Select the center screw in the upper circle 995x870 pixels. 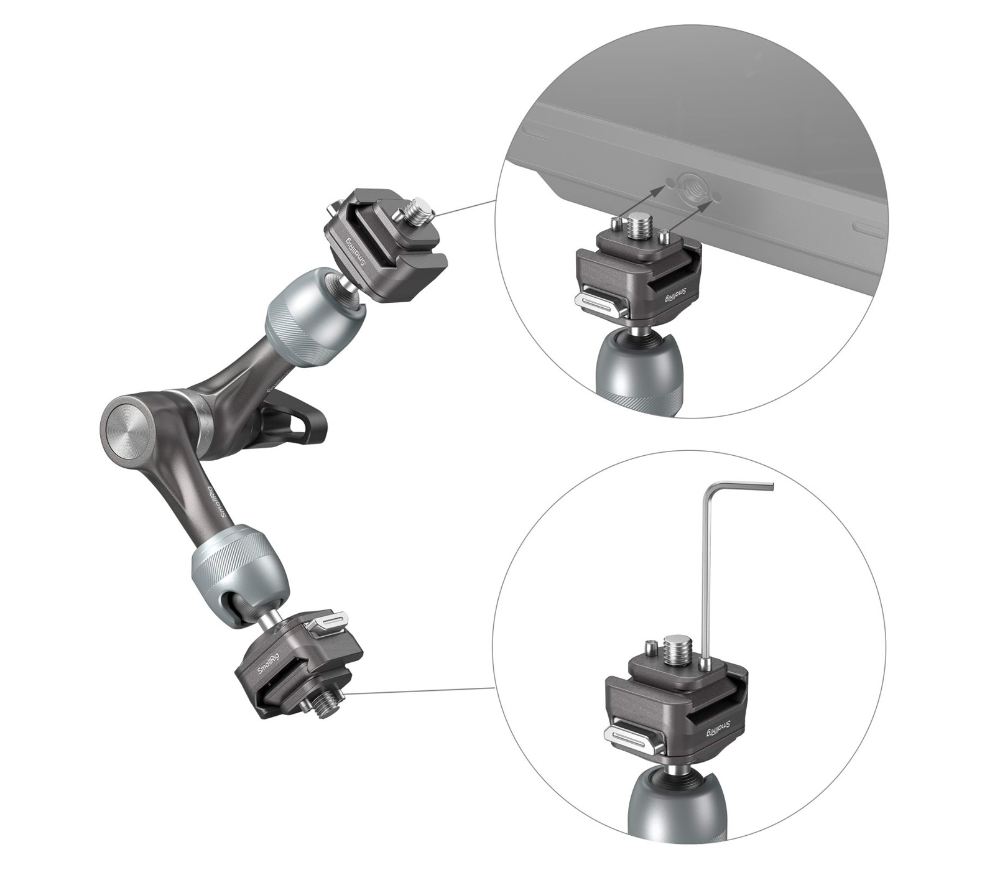(x=641, y=226)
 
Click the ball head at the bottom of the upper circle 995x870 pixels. (x=634, y=373)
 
